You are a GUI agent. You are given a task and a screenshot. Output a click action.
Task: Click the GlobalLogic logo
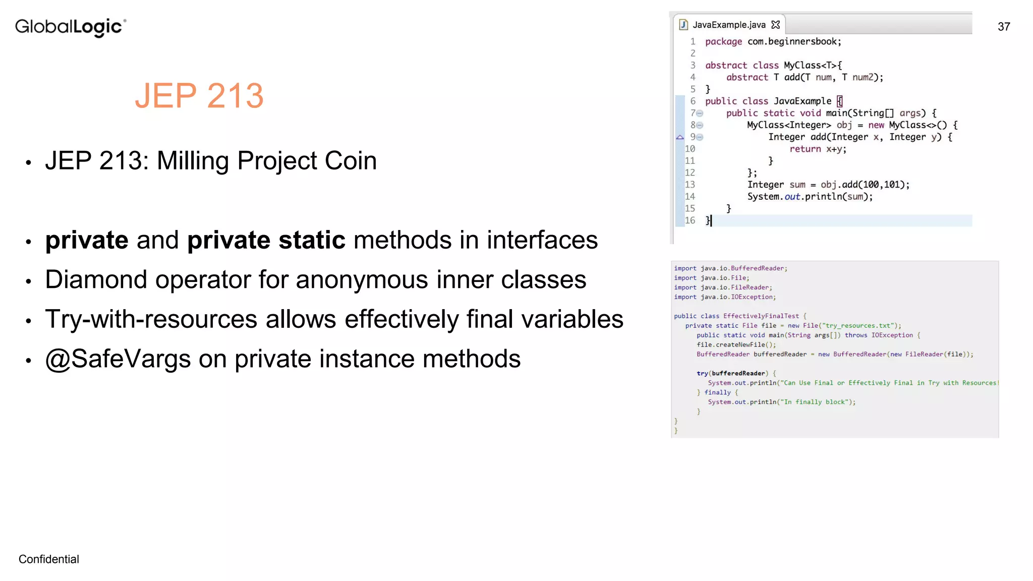point(71,27)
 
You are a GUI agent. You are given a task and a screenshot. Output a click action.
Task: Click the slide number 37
point(1004,27)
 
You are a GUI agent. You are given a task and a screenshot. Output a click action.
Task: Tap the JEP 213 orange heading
point(199,95)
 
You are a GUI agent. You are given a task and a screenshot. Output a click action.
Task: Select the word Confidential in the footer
point(49,559)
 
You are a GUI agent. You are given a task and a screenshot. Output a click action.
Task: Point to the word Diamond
point(96,279)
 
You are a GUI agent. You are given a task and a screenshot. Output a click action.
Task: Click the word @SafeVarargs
point(118,359)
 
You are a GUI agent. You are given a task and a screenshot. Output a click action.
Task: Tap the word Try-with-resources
point(151,319)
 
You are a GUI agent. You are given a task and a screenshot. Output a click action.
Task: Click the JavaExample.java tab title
point(729,25)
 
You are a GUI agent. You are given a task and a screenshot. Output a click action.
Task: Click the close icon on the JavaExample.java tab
point(776,24)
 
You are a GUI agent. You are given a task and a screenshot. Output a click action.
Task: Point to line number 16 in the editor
point(690,220)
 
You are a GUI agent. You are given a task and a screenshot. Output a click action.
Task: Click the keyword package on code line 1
point(723,41)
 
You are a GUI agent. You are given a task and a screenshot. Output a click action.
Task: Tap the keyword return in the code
point(805,149)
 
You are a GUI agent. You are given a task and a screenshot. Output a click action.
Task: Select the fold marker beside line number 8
point(700,125)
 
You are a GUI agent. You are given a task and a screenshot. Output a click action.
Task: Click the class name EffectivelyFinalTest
point(761,316)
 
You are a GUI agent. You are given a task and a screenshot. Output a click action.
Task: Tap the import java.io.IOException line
point(725,297)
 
